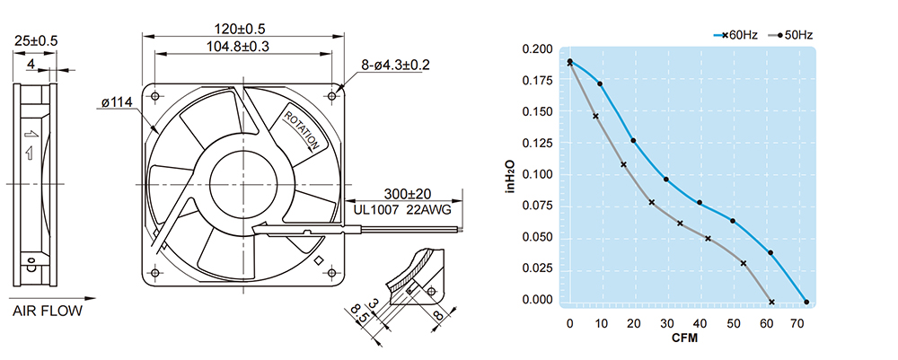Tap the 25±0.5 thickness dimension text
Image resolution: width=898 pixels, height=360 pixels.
click(36, 41)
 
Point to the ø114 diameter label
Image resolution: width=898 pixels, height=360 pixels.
click(117, 102)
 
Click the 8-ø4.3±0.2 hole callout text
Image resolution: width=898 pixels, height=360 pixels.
click(395, 66)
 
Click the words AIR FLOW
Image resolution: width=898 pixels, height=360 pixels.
click(48, 312)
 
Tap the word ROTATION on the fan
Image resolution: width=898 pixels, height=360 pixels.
click(303, 129)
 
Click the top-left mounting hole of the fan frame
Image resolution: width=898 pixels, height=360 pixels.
click(155, 95)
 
